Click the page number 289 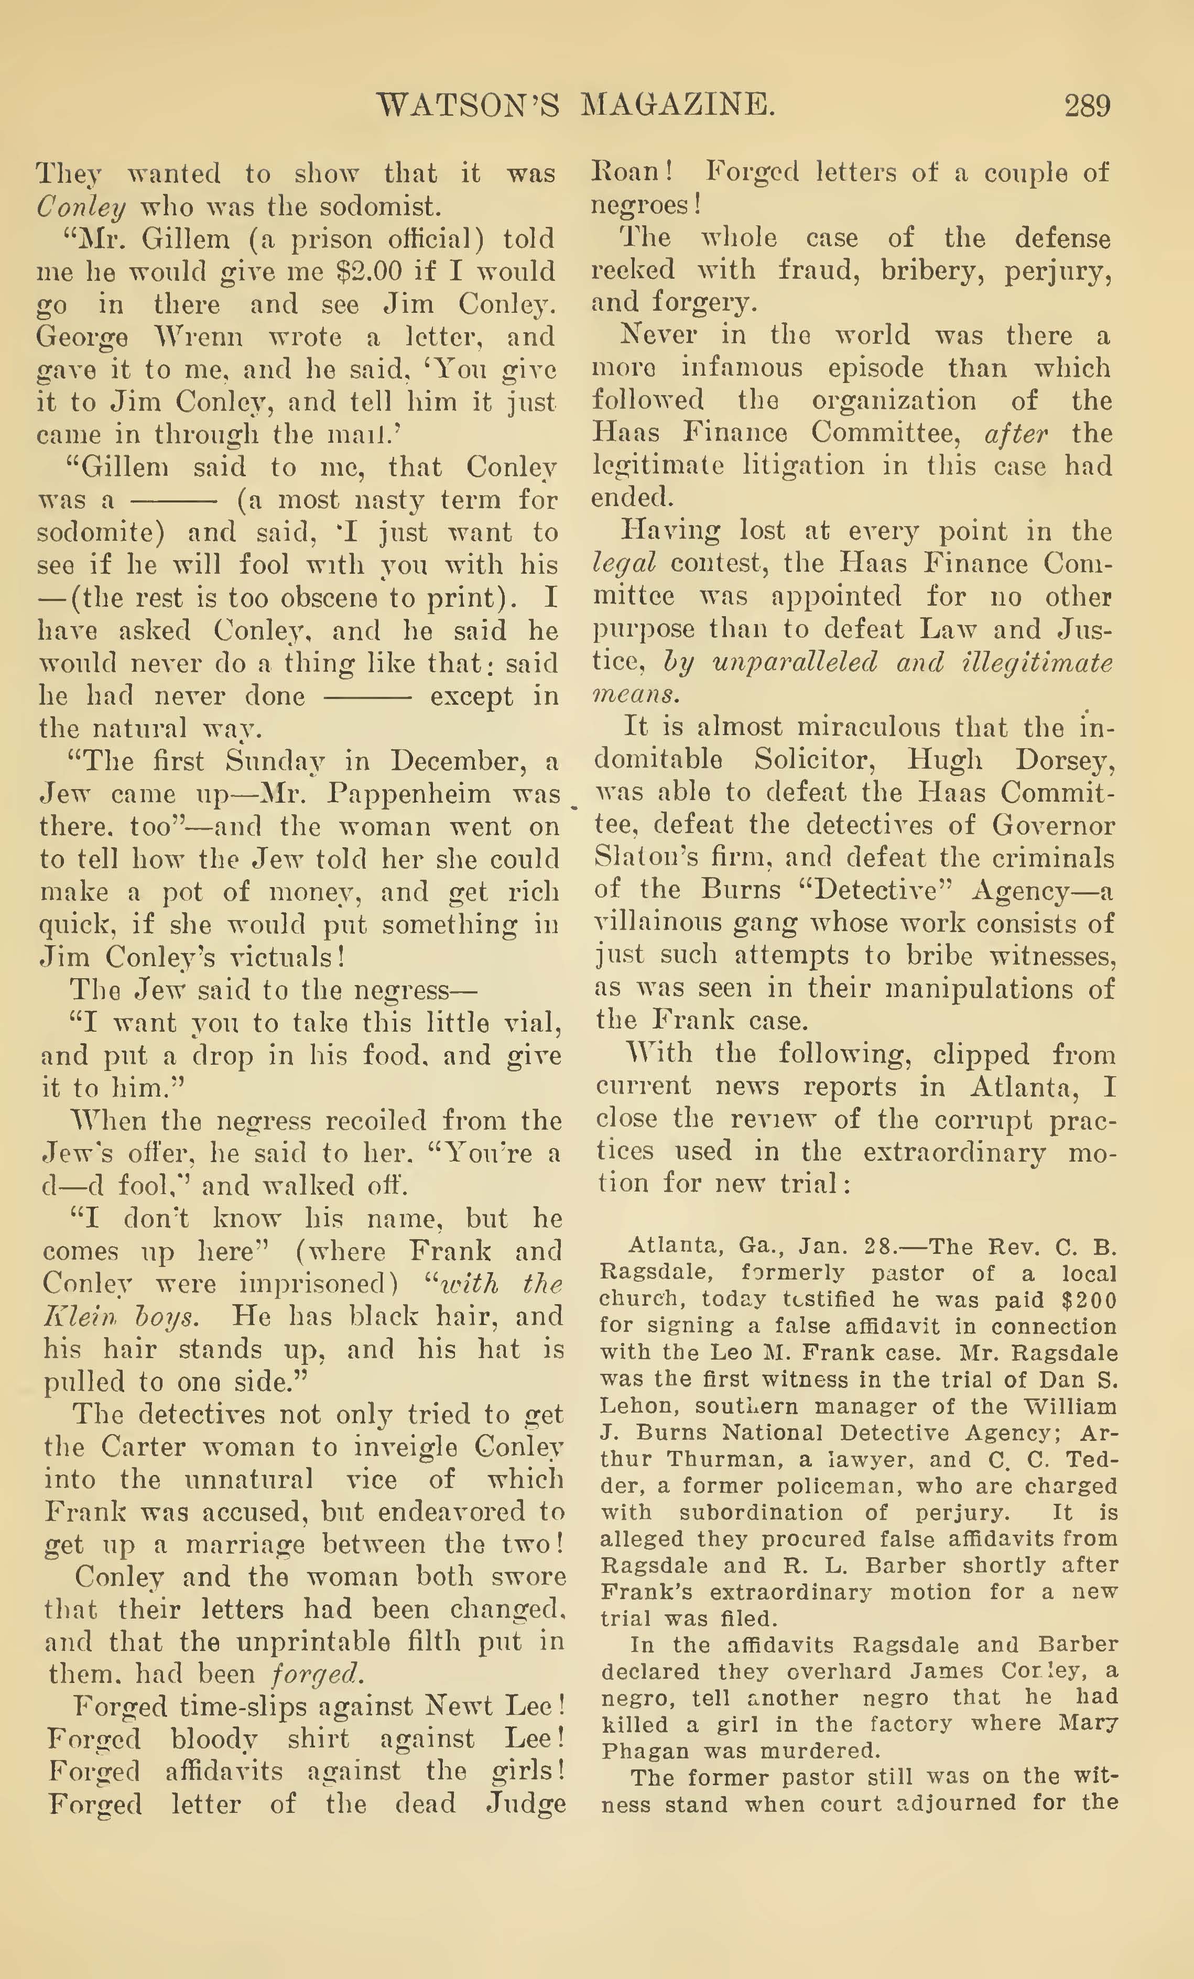pos(1087,105)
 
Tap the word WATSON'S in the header pos(468,105)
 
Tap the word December pos(435,761)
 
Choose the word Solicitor pos(821,759)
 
